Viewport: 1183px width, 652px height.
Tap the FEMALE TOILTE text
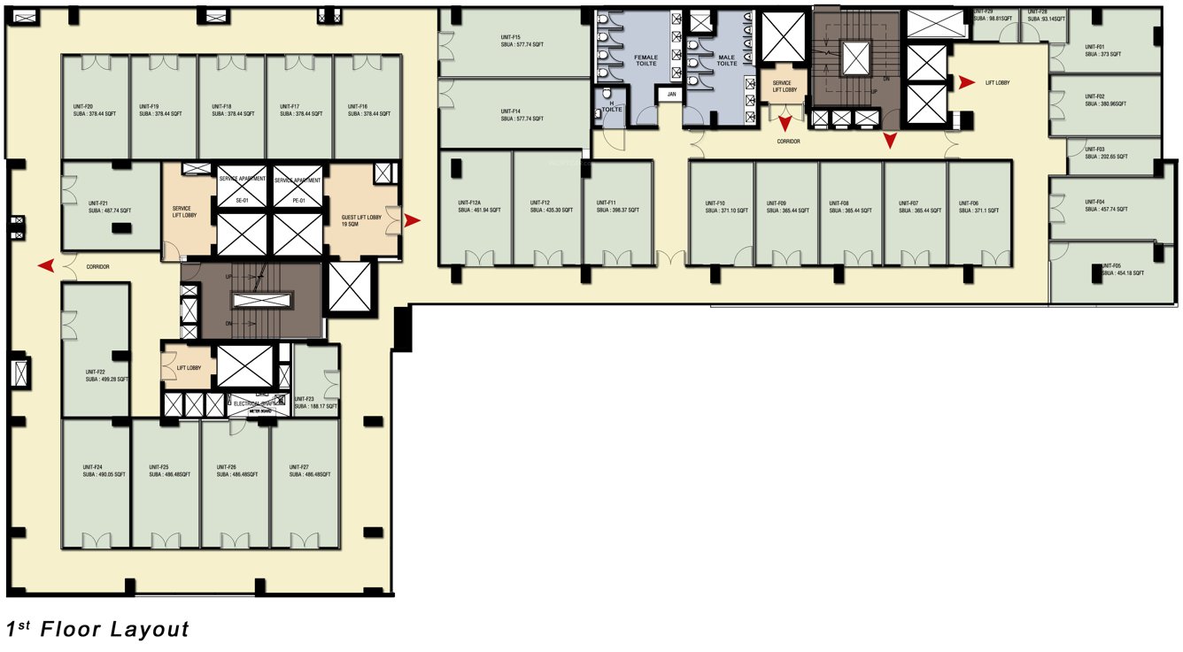tap(646, 60)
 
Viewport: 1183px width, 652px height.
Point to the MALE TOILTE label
tap(726, 60)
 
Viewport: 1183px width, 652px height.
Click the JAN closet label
tap(672, 94)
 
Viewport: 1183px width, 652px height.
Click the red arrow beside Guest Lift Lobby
tap(412, 221)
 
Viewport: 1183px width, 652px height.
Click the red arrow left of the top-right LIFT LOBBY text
tap(966, 82)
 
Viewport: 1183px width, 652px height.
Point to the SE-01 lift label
tap(241, 201)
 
